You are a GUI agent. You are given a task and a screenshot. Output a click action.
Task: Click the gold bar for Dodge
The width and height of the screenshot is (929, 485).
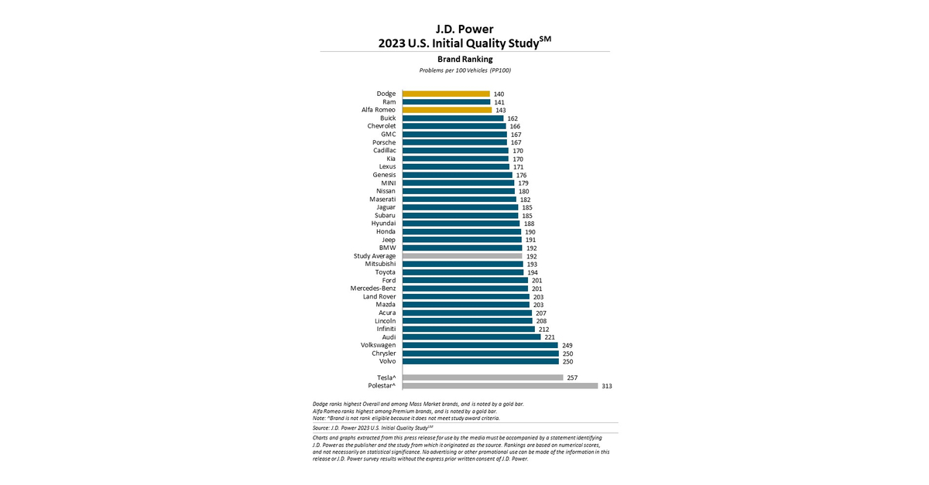click(x=446, y=94)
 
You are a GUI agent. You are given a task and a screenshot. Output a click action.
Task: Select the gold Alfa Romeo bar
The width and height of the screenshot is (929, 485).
click(x=447, y=110)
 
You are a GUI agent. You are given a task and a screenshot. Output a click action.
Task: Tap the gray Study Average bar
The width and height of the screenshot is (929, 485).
click(x=462, y=255)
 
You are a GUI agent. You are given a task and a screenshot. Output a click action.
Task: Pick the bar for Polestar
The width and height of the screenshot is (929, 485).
click(x=500, y=385)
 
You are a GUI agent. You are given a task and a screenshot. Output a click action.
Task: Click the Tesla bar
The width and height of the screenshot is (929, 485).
click(x=482, y=377)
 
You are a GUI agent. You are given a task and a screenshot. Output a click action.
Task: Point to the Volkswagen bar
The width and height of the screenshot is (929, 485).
click(x=480, y=345)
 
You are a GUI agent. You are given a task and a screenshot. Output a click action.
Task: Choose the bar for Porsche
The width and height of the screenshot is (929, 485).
click(x=454, y=142)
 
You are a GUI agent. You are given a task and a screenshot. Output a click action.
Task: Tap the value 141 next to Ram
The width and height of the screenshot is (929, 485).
click(x=499, y=102)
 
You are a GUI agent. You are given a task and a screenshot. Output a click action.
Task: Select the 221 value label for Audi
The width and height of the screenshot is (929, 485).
click(x=550, y=337)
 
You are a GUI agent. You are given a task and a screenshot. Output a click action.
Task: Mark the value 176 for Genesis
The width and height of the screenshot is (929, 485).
click(x=522, y=175)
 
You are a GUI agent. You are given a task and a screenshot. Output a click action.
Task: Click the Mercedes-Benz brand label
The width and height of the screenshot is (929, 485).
click(x=373, y=289)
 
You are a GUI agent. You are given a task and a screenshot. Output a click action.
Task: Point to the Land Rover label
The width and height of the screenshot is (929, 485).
click(x=379, y=296)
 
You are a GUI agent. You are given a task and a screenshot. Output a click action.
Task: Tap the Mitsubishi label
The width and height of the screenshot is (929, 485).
click(x=380, y=264)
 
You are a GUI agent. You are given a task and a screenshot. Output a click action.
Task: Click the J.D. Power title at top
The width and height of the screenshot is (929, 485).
click(x=464, y=29)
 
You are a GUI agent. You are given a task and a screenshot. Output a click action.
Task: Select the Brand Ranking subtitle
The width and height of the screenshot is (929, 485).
click(x=464, y=59)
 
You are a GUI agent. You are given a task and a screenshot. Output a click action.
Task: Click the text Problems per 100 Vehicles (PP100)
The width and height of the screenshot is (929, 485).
click(x=464, y=70)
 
